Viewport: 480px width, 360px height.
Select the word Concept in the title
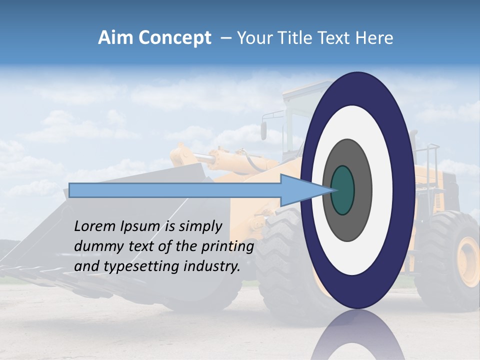coord(174,38)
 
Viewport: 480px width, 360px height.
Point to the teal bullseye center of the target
coord(342,190)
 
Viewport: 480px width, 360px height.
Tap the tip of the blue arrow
coord(332,190)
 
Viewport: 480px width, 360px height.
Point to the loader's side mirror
coord(263,130)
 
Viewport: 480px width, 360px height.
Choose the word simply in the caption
coord(200,227)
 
